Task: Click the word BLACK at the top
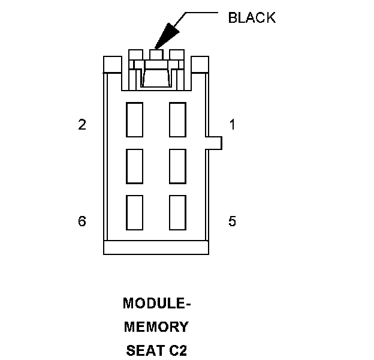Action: (252, 17)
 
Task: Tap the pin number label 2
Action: (82, 125)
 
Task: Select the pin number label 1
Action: (233, 125)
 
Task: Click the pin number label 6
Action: (82, 221)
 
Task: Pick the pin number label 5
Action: (233, 221)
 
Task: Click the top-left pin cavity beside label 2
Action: (135, 119)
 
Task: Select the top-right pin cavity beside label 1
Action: (178, 119)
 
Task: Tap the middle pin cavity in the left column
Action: (135, 166)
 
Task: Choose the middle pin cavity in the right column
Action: (178, 166)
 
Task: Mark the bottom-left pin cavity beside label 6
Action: (135, 212)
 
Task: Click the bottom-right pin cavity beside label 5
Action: (178, 212)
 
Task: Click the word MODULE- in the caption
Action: (156, 304)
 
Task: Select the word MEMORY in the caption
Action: (156, 327)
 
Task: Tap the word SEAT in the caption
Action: (143, 350)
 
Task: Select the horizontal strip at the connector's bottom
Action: (156, 247)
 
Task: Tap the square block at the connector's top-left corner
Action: (113, 64)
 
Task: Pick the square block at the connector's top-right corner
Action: (200, 64)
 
